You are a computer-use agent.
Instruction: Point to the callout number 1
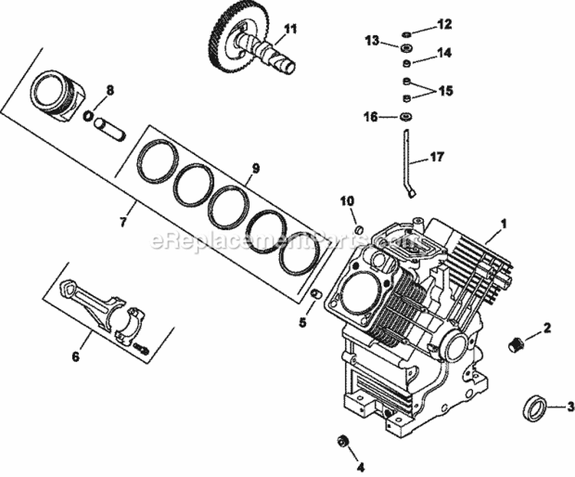[x=504, y=225]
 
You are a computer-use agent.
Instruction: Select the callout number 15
[x=445, y=90]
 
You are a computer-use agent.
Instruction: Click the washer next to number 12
[x=407, y=34]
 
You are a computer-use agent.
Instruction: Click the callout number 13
[x=372, y=41]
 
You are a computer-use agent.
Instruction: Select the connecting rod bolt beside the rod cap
[x=141, y=348]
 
